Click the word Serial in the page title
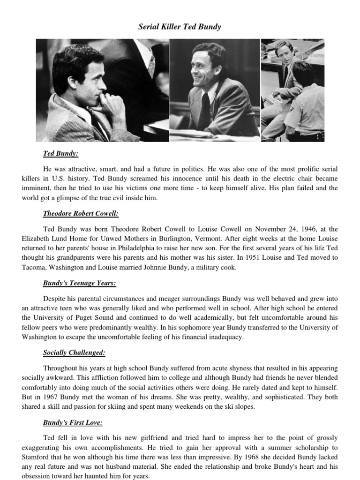pos(148,27)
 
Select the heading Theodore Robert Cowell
pos(81,214)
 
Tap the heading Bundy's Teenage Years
pos(79,283)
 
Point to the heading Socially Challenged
pos(74,352)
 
